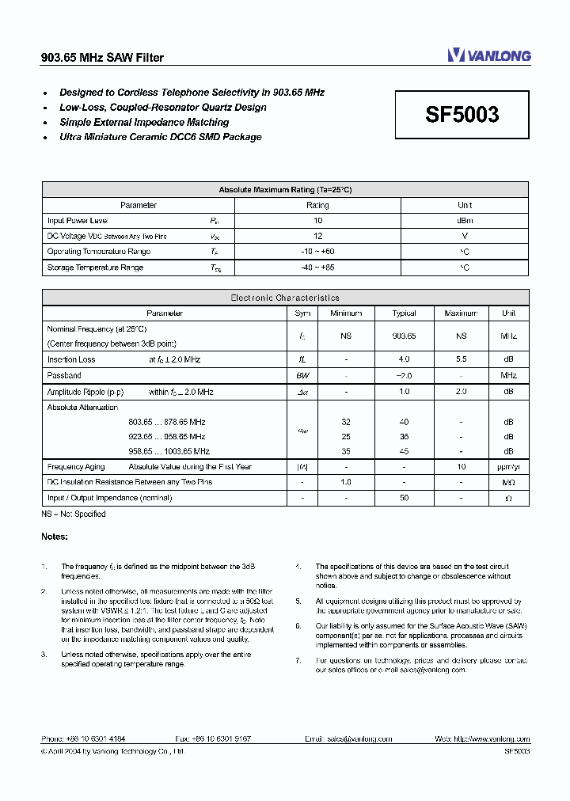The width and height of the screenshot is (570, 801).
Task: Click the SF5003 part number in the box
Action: pos(462,115)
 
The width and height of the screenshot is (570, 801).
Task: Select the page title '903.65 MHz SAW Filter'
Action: pos(102,58)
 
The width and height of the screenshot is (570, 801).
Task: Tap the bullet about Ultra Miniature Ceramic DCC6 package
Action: pos(160,137)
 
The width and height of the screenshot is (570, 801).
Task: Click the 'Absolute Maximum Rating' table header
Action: pos(285,190)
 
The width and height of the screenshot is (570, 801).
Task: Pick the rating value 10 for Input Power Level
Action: pos(317,221)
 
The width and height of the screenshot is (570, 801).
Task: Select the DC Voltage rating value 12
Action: pos(317,236)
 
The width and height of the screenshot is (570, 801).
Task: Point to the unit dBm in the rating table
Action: pos(465,221)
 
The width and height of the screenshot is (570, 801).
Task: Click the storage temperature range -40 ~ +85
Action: pos(317,268)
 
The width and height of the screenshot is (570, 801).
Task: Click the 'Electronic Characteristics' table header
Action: pos(285,298)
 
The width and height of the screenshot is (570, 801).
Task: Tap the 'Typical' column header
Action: pos(404,313)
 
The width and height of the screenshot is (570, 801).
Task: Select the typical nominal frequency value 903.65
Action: pos(404,336)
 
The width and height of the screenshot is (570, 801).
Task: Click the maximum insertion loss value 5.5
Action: pos(461,359)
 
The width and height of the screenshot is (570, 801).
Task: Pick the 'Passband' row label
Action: pos(64,375)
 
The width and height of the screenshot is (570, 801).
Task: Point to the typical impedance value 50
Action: pos(404,498)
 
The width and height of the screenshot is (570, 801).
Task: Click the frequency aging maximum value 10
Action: pos(461,467)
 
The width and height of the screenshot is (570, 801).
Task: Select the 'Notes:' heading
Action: pos(55,536)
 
